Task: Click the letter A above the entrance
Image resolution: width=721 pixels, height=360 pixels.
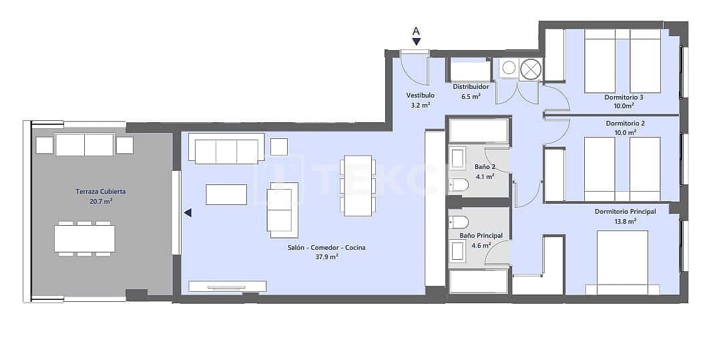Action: (x=416, y=31)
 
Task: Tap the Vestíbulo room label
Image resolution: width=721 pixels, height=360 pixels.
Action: (x=421, y=96)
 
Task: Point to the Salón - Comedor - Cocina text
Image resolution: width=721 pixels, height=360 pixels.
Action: (x=322, y=248)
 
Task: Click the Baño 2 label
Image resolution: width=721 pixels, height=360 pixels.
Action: (x=485, y=166)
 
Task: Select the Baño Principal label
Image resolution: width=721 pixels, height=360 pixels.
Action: (x=481, y=236)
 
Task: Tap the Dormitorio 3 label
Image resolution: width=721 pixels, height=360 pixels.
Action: (x=624, y=98)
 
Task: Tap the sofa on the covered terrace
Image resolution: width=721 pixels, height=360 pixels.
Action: (x=84, y=144)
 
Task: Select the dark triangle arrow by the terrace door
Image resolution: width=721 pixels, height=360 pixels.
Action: (x=188, y=213)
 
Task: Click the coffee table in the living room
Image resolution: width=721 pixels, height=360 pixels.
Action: (x=226, y=194)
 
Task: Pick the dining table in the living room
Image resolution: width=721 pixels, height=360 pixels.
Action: (x=358, y=186)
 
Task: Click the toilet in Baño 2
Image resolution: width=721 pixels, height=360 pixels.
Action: (x=459, y=184)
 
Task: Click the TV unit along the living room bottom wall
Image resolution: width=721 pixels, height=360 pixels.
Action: (x=228, y=286)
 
